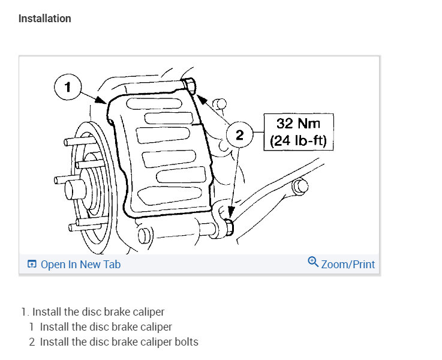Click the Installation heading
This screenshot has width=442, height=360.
[x=44, y=19]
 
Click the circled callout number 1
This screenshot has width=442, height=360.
[x=67, y=88]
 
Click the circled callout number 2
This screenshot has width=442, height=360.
[x=240, y=136]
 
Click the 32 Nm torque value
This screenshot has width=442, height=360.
[x=298, y=124]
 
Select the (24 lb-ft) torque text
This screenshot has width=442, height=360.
[x=298, y=142]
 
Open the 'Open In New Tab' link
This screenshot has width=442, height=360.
[x=80, y=264]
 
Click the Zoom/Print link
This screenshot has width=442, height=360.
[x=348, y=264]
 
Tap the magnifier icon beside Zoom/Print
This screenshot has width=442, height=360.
[x=312, y=263]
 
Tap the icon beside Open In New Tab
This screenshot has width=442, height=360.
[x=32, y=264]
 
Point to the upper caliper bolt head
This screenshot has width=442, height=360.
[x=189, y=85]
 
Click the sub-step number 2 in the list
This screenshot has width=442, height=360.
[x=32, y=342]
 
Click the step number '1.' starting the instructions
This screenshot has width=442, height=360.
[x=25, y=312]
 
